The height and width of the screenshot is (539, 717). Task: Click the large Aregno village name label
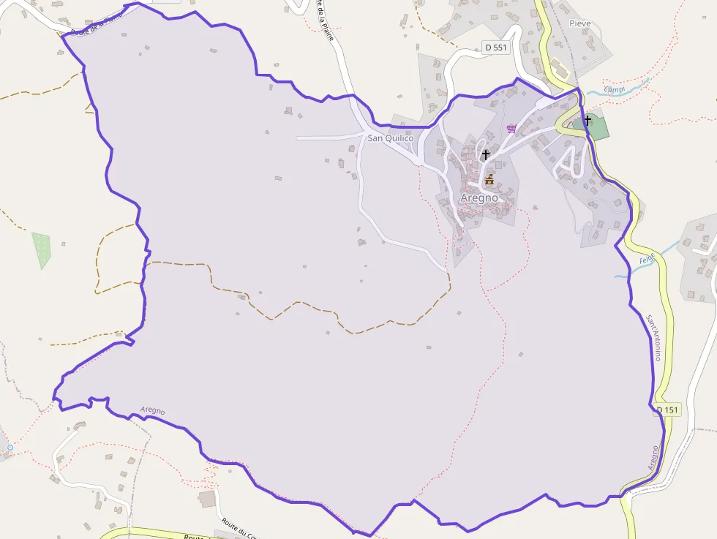pos(479,197)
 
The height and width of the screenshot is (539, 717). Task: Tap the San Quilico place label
pos(390,138)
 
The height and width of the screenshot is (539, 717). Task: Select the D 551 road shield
pos(495,48)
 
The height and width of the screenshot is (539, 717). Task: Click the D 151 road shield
pos(667,410)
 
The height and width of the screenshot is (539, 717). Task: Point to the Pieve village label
pos(580,23)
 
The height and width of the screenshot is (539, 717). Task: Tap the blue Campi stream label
pos(614,90)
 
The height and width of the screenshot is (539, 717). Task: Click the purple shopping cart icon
pos(511,129)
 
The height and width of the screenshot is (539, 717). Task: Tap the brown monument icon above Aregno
pos(489,179)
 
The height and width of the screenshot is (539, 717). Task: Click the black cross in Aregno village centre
pos(485,154)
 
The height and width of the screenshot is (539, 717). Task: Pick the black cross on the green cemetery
pos(588,119)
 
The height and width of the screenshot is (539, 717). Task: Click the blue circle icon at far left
pos(10,447)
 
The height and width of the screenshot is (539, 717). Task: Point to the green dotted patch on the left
pos(41,249)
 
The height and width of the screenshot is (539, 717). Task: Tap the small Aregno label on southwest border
pos(152,411)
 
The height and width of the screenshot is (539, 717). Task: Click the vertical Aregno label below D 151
pos(653,457)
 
